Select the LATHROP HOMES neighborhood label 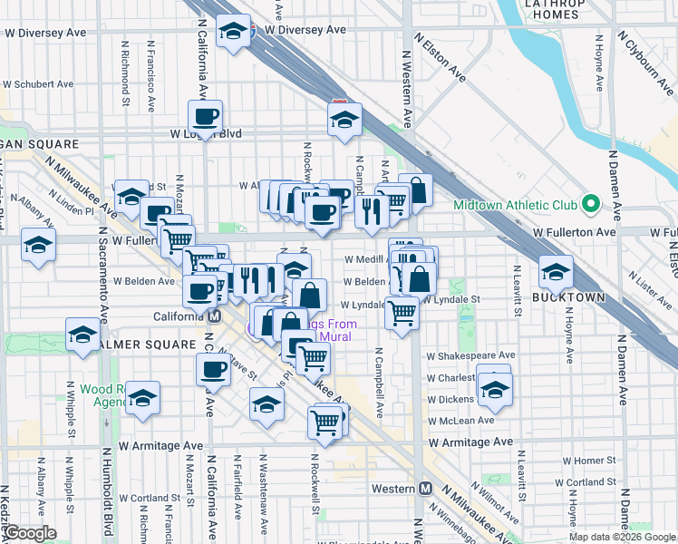556,10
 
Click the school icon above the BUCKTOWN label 556,271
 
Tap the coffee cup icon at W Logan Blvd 205,116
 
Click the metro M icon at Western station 425,488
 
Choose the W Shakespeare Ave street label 470,355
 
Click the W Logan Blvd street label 206,133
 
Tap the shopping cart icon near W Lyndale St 402,313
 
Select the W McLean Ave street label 460,420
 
